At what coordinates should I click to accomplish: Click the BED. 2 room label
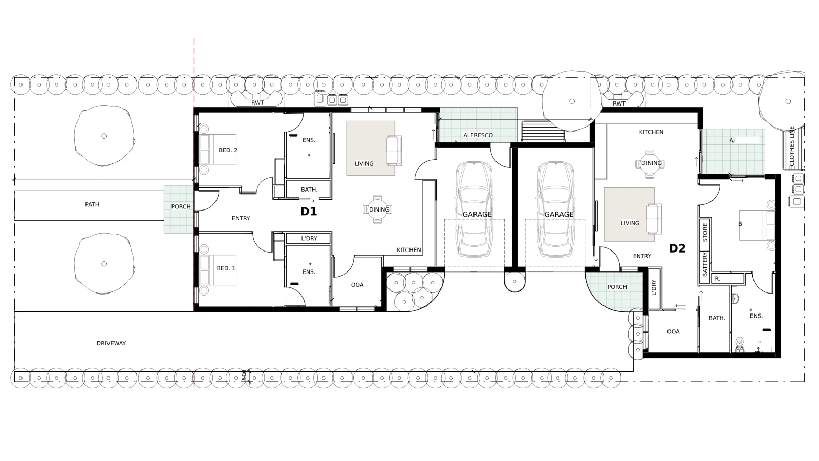point(228,150)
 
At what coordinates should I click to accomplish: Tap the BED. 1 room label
point(226,268)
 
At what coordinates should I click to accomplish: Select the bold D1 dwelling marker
point(309,212)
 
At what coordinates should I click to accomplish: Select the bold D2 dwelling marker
point(677,248)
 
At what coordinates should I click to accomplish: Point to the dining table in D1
point(378,209)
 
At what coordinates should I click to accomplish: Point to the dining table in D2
point(650,163)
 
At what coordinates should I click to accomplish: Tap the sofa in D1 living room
point(394,151)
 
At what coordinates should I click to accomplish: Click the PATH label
point(92,204)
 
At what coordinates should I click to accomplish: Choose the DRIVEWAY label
point(111,343)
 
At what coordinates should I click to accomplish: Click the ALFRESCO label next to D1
point(478,135)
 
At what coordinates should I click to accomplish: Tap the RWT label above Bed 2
point(257,103)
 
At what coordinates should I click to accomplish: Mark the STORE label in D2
point(705,233)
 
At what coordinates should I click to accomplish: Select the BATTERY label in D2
point(705,264)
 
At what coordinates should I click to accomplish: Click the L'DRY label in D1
point(309,238)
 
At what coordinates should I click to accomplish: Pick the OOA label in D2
point(673,332)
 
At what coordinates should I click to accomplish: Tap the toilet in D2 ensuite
point(739,342)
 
